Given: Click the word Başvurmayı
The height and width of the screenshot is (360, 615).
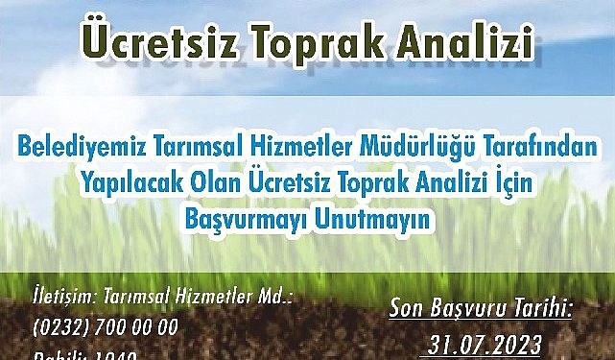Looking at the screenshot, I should coord(248,218).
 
